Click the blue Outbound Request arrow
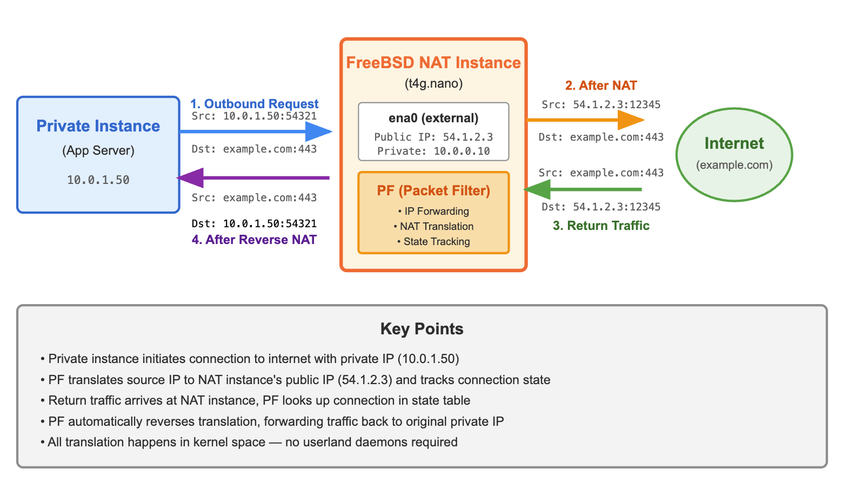click(254, 131)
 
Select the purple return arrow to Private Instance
click(254, 177)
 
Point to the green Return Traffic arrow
click(584, 189)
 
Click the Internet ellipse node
click(734, 154)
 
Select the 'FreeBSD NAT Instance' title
click(433, 63)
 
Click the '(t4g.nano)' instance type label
click(433, 84)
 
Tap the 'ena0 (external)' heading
click(433, 118)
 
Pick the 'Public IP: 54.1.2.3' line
click(433, 137)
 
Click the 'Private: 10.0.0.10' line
click(433, 151)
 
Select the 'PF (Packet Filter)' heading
click(433, 191)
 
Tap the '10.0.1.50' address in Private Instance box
click(98, 180)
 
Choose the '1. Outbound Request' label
click(254, 104)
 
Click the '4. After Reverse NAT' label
click(254, 240)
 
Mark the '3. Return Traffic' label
click(601, 226)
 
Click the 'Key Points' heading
click(422, 329)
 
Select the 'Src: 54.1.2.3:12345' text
click(601, 105)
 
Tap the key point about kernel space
click(249, 443)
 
